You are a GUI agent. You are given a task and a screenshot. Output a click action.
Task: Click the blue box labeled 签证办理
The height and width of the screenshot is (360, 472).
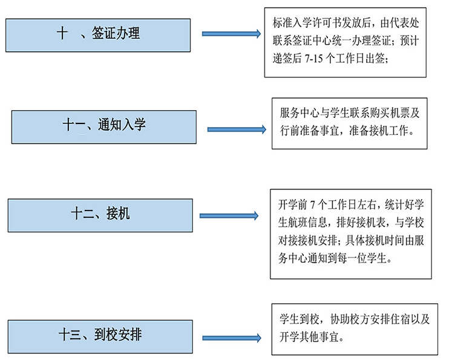tap(98, 35)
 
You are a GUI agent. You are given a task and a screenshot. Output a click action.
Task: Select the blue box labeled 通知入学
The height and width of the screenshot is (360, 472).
tap(104, 127)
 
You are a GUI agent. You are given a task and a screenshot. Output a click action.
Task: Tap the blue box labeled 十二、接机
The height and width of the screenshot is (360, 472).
tap(100, 215)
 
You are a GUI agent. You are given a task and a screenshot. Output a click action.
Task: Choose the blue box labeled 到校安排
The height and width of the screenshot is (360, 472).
tap(100, 336)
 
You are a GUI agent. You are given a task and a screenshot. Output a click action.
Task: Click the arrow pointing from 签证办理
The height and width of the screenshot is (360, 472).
tap(231, 34)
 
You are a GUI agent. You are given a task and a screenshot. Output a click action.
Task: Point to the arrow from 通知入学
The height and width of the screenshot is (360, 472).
tap(237, 129)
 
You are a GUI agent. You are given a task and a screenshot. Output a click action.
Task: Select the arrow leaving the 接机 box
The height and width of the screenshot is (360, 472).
tap(229, 215)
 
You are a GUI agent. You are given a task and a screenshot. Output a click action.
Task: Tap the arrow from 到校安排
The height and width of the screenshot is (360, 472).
tap(232, 338)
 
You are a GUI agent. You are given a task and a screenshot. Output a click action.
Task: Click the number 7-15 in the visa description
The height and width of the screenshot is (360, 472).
tap(313, 59)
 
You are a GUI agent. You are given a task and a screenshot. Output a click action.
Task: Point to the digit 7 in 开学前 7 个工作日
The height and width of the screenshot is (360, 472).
tap(312, 205)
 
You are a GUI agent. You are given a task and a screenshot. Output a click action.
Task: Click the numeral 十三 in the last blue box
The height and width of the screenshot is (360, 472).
tap(70, 335)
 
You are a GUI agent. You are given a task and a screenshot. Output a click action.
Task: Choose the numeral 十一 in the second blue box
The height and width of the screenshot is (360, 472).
tap(74, 125)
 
